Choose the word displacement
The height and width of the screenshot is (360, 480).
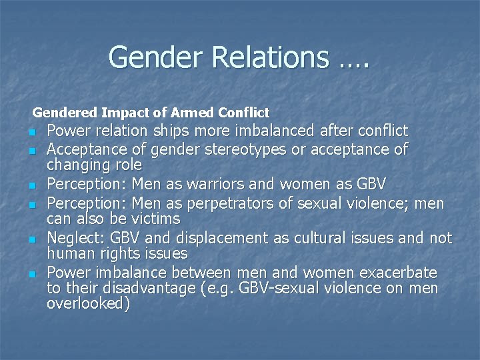216,238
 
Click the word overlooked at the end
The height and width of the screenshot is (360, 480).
88,305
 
